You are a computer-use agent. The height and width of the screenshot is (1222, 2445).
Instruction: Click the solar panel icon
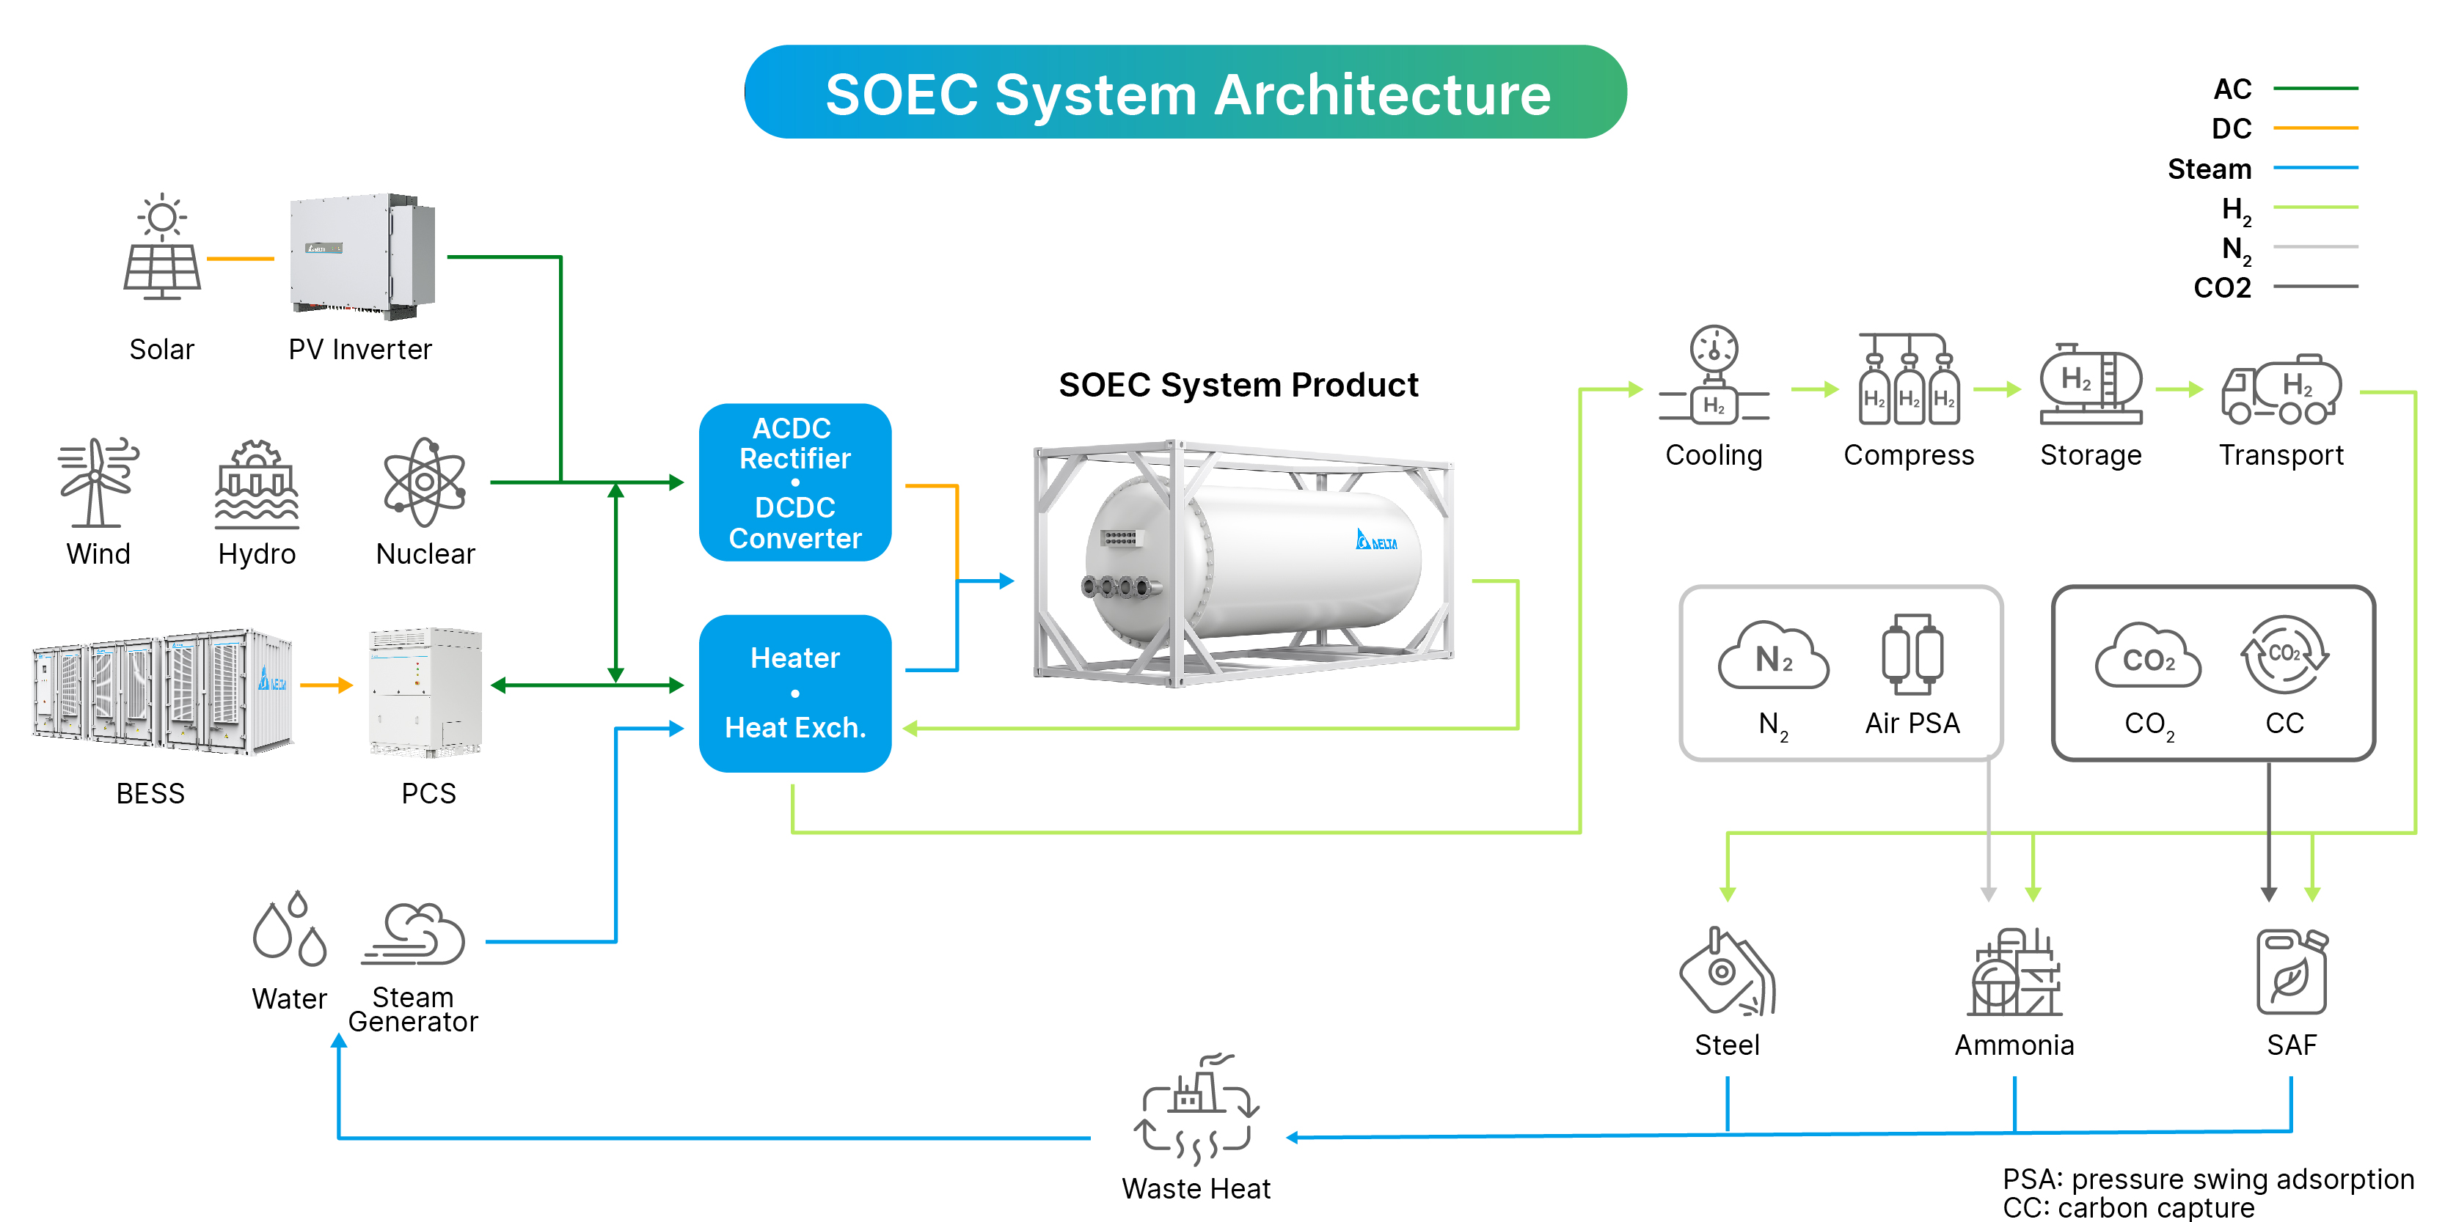point(162,248)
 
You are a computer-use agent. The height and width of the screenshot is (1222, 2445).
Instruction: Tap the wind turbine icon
point(97,482)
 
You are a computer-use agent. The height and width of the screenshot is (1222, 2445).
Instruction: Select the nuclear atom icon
point(424,482)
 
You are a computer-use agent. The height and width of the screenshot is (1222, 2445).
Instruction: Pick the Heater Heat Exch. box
point(794,693)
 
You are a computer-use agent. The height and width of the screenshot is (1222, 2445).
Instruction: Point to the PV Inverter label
point(359,350)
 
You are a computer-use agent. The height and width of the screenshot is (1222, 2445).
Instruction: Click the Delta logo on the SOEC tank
point(1376,541)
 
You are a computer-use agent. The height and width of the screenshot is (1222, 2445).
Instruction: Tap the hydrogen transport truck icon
point(2281,389)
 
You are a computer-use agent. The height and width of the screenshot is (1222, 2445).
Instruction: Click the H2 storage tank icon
point(2091,384)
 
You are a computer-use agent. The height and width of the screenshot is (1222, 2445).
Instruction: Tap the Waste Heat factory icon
point(1196,1110)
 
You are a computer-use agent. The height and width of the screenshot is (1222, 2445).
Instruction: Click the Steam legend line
point(2315,168)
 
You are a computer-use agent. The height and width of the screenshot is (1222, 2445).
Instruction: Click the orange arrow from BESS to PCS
point(326,685)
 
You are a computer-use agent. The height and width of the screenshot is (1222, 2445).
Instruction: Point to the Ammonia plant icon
point(2014,973)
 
